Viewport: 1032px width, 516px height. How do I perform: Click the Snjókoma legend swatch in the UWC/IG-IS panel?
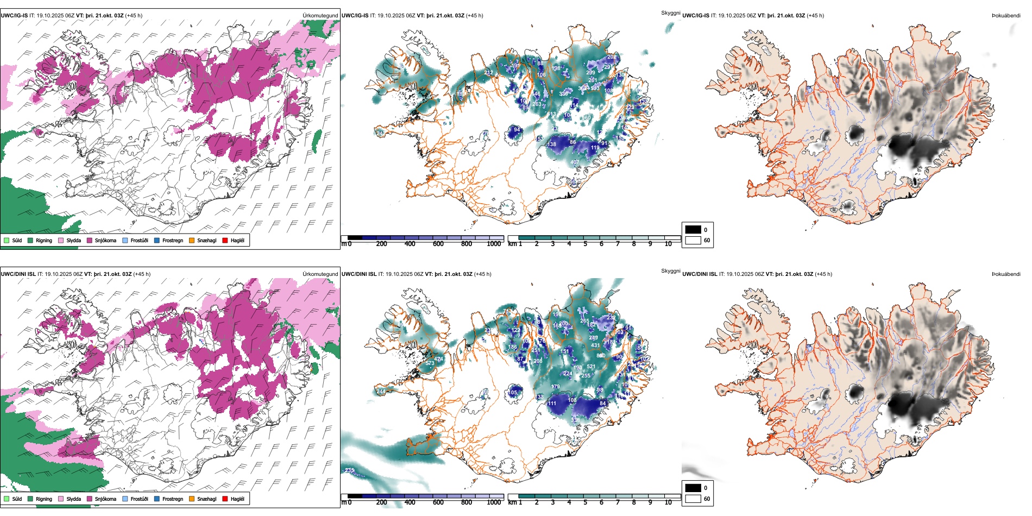[89, 240]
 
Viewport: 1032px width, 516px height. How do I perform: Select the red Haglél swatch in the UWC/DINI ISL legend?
[225, 499]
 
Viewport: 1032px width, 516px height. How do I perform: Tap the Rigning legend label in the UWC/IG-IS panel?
[44, 241]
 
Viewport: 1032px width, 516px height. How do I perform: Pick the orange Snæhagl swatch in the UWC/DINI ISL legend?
[192, 499]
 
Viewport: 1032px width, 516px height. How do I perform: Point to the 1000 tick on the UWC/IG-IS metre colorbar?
[494, 244]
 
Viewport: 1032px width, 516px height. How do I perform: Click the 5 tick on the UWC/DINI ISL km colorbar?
[585, 502]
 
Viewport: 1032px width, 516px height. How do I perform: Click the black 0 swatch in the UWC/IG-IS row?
[693, 230]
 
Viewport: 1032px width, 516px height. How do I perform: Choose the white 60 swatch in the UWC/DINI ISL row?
[693, 499]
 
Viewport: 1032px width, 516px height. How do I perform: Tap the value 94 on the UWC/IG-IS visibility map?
[517, 130]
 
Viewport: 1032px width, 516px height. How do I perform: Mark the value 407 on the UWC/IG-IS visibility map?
[575, 162]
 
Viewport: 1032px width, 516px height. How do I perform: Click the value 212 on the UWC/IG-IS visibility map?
[488, 73]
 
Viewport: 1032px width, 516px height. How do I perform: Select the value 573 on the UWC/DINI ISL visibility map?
[430, 363]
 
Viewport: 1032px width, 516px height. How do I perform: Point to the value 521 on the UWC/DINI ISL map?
[591, 367]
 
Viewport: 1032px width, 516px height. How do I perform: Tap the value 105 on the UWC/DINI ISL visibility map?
[513, 393]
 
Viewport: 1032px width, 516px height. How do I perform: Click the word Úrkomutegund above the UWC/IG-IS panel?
[320, 16]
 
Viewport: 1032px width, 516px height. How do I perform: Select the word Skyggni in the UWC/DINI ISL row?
[670, 270]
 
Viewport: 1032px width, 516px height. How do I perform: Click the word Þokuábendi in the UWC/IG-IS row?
[1006, 16]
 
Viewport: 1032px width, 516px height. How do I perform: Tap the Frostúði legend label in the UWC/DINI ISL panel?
[139, 499]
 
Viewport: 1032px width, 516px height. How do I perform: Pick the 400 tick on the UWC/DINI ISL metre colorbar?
[410, 502]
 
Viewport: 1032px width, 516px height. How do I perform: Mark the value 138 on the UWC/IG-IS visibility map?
[551, 144]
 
